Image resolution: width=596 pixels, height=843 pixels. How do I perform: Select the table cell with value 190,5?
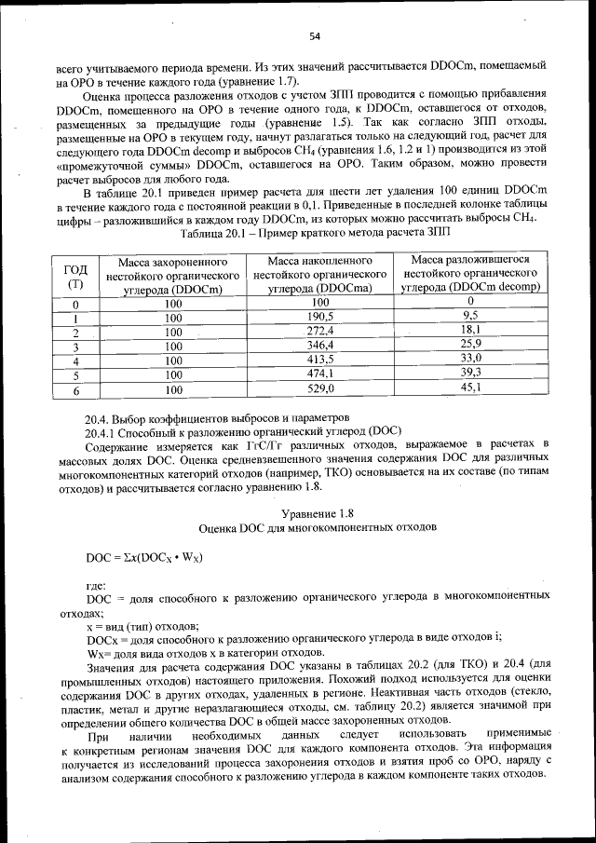(320, 316)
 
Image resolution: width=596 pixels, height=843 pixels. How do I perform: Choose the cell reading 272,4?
(320, 330)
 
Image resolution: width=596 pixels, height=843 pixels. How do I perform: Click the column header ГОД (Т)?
(75, 275)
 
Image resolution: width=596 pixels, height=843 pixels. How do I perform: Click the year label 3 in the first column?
(75, 346)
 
